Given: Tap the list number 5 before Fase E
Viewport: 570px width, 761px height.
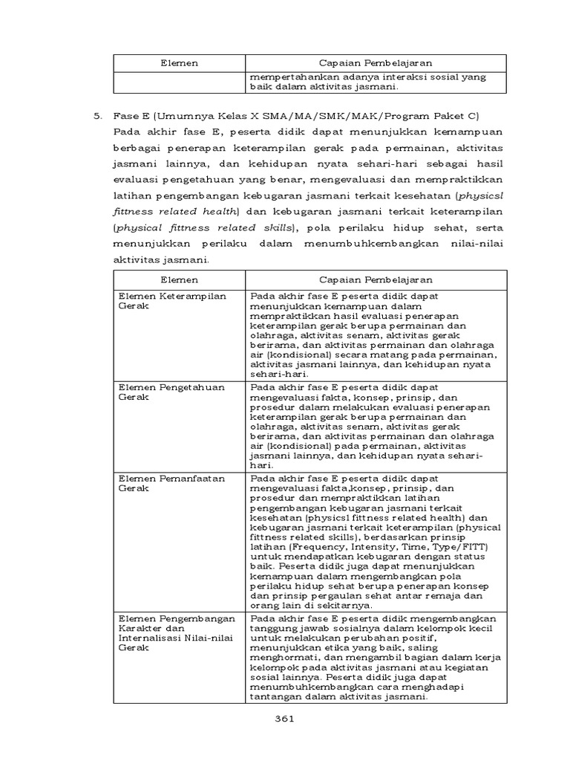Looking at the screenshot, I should click(96, 116).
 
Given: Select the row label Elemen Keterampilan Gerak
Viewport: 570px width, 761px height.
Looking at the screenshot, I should click(162, 299).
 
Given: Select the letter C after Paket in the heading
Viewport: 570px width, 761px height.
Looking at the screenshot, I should click(475, 116).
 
